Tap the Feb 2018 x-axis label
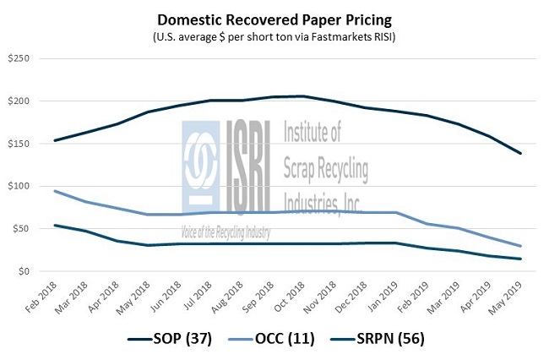(x=41, y=295)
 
